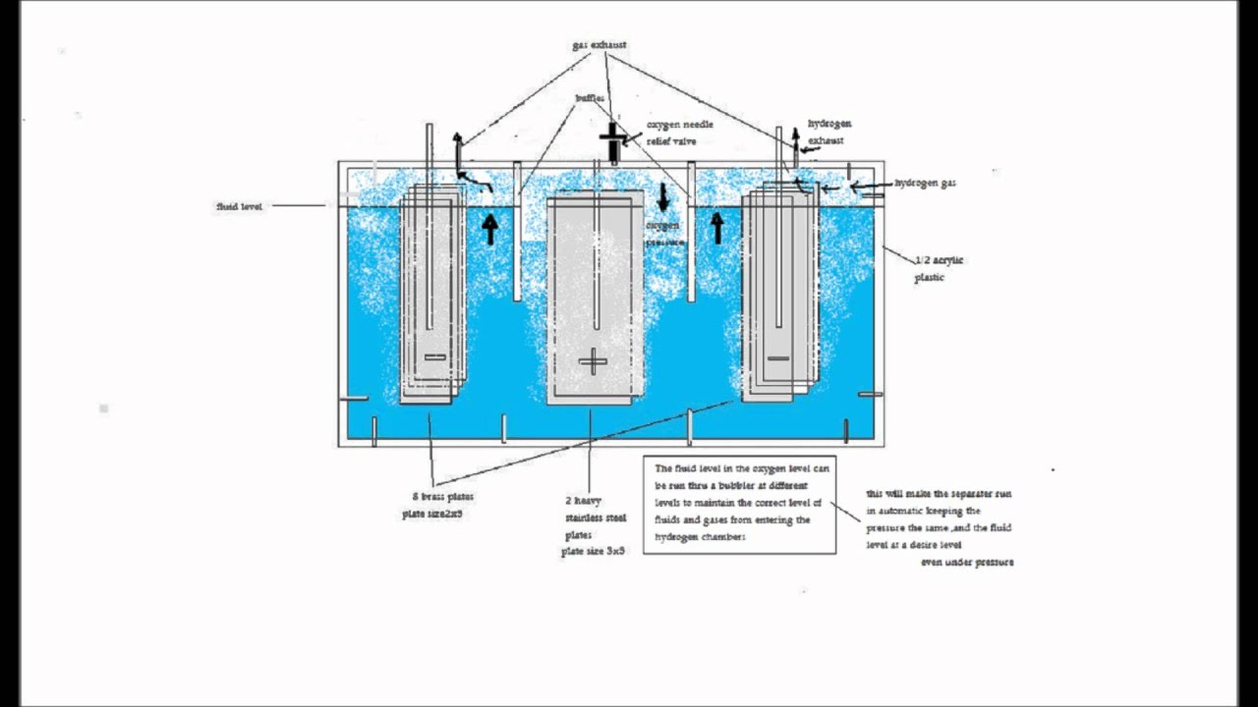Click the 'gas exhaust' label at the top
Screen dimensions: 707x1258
coord(599,45)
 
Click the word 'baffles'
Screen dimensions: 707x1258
coord(590,98)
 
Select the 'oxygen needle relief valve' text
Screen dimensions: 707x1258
coord(678,133)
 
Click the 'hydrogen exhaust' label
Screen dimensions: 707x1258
coord(829,132)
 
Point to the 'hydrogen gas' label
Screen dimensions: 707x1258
coord(924,184)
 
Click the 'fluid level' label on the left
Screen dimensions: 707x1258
coord(240,207)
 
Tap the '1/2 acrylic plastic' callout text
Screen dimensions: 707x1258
coord(938,268)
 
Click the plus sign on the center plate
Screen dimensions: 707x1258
coord(593,362)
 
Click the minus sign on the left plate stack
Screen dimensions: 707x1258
coord(434,356)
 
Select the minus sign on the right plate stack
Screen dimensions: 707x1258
coord(777,358)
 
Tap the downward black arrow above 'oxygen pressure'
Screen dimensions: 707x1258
coord(662,197)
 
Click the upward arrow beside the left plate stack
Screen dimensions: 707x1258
coord(489,230)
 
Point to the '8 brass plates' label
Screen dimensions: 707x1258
coord(441,497)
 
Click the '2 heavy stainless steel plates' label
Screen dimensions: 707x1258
coord(595,517)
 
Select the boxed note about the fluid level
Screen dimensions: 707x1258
coord(739,504)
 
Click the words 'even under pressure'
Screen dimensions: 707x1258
coord(966,563)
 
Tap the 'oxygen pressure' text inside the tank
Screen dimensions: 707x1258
coord(662,232)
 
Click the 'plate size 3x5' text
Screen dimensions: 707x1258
coord(593,552)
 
